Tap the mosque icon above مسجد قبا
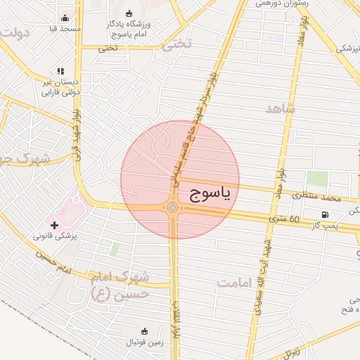[65, 18]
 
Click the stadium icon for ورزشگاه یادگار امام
[129, 13]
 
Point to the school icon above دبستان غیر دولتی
[60, 71]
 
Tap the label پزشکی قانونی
[56, 236]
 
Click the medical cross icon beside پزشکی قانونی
[55, 225]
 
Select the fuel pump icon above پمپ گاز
[325, 214]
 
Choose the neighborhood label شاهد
[281, 109]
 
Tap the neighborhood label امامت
[235, 283]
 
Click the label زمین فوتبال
[145, 342]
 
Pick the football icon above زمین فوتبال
[145, 331]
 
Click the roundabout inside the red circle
[173, 207]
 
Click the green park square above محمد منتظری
[318, 179]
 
